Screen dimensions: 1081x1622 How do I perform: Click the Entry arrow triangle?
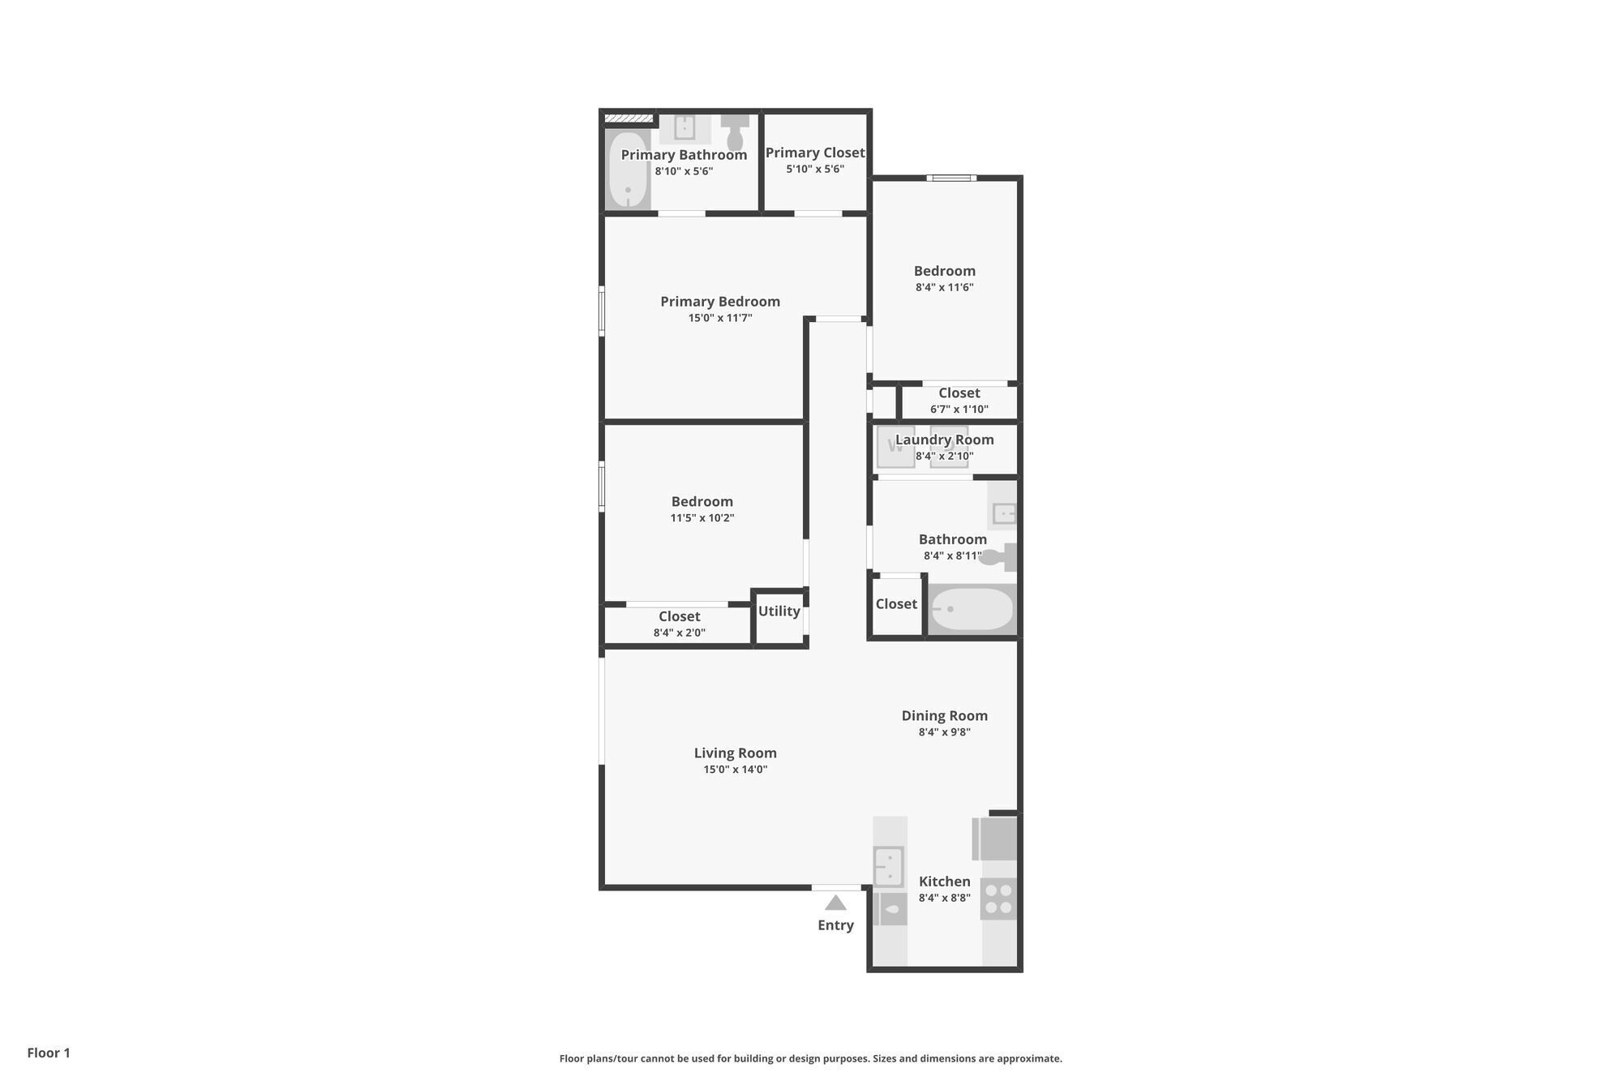(835, 903)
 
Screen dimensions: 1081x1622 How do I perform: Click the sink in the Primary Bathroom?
(684, 127)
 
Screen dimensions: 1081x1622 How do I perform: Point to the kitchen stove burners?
(998, 899)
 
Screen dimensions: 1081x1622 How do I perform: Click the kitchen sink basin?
(889, 866)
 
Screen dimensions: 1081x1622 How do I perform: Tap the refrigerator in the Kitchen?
(996, 839)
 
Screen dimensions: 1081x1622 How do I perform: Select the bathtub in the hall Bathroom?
(972, 609)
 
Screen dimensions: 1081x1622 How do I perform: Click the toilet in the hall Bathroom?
(998, 556)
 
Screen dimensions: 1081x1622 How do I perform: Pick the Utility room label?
(779, 611)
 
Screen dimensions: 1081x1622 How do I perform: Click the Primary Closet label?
(815, 152)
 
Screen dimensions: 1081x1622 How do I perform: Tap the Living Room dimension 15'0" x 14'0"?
(735, 770)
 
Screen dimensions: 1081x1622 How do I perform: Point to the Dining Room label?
(944, 715)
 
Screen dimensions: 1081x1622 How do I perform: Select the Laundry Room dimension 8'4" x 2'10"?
(944, 456)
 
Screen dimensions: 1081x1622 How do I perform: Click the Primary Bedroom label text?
(719, 302)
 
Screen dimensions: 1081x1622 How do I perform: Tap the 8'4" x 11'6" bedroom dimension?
(944, 287)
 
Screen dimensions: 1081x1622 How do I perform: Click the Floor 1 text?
(49, 1053)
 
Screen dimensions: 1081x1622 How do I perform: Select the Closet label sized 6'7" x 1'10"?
(959, 393)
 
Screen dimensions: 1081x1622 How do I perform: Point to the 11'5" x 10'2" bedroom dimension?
(702, 518)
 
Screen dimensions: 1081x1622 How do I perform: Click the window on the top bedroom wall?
(951, 178)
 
